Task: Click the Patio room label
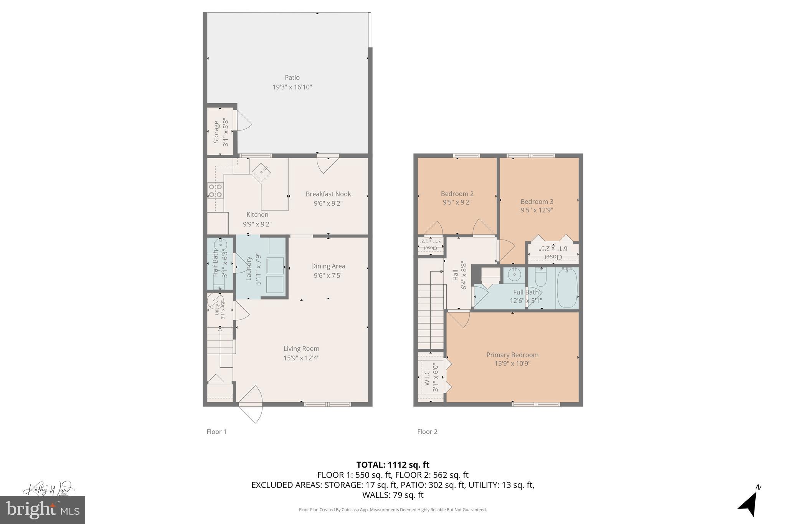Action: click(x=292, y=78)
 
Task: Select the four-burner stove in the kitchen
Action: click(x=215, y=191)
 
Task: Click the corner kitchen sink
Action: click(x=261, y=172)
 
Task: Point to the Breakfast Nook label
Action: click(x=328, y=194)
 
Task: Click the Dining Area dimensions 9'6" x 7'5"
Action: click(x=328, y=275)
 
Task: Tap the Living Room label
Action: click(x=301, y=349)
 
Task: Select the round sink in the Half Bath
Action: click(x=221, y=245)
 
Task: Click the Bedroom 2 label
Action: click(x=457, y=194)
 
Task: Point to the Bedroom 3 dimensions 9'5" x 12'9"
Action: click(x=537, y=210)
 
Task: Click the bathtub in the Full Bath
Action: click(x=567, y=288)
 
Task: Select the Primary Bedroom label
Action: click(x=512, y=355)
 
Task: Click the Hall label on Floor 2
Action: click(x=455, y=275)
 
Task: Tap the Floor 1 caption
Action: click(x=216, y=431)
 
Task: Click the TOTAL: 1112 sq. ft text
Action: click(x=393, y=465)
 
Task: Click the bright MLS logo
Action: click(x=43, y=510)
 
